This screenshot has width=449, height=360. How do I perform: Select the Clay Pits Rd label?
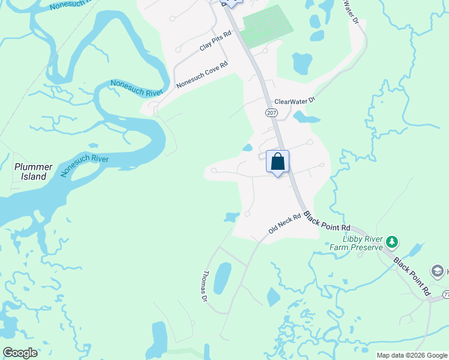pos(215,42)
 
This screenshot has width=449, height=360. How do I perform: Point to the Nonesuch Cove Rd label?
pos(202,75)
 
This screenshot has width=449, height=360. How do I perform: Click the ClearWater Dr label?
pos(295,102)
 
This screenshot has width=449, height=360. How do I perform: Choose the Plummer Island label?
pos(34,172)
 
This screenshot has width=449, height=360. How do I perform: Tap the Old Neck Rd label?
pos(285,223)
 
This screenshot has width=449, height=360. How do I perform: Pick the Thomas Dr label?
pos(205,286)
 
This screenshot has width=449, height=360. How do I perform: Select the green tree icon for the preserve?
pos(392,242)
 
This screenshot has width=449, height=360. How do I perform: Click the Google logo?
pos(20,353)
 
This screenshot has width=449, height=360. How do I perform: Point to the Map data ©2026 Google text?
pos(411,355)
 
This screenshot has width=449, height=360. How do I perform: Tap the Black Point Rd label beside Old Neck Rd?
pos(327,221)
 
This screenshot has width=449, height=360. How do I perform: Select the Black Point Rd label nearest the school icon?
pos(412,276)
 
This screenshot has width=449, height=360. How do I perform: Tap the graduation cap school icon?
pos(438,271)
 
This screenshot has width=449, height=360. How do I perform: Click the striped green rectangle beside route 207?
pos(267,26)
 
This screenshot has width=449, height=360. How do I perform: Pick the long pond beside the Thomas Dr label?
pos(221,278)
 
